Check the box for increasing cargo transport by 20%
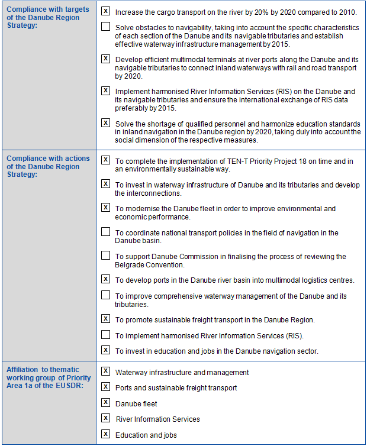[x=105, y=11]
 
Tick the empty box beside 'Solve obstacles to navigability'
[x=105, y=27]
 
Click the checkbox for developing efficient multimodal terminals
[x=105, y=59]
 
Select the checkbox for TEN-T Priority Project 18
[x=105, y=160]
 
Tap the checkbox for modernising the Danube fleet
[x=105, y=208]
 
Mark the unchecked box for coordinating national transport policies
[x=105, y=232]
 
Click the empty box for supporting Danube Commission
[x=105, y=256]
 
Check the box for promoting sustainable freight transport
[x=105, y=319]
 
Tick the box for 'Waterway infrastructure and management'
[x=105, y=371]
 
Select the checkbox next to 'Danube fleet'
[x=105, y=403]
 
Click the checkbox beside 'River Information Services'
[x=105, y=418]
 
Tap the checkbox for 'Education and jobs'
[x=105, y=434]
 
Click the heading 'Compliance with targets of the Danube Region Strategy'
[x=48, y=17]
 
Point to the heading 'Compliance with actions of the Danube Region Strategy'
[x=48, y=166]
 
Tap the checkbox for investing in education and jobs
[x=105, y=350]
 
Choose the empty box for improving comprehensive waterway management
[x=105, y=295]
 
